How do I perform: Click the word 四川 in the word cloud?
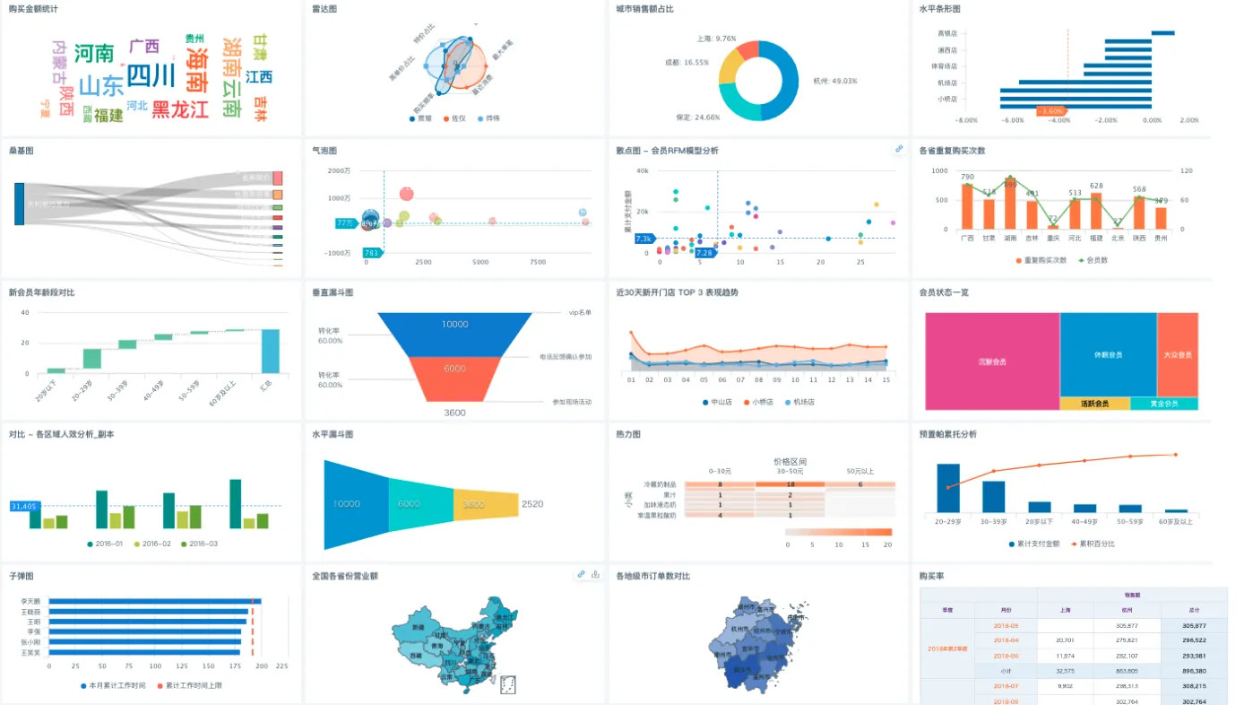pyautogui.click(x=151, y=75)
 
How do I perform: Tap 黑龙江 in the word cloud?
pyautogui.click(x=179, y=109)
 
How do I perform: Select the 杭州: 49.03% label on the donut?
pyautogui.click(x=834, y=81)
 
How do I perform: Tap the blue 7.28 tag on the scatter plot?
pyautogui.click(x=704, y=253)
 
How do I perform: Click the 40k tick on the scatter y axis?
pyautogui.click(x=642, y=170)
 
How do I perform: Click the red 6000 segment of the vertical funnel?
pyautogui.click(x=454, y=377)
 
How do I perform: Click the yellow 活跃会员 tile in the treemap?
pyautogui.click(x=1094, y=404)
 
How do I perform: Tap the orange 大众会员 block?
pyautogui.click(x=1177, y=354)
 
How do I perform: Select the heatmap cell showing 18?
pyautogui.click(x=790, y=484)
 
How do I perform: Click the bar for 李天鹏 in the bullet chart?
pyautogui.click(x=151, y=601)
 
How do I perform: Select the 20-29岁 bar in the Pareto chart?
pyautogui.click(x=948, y=488)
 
